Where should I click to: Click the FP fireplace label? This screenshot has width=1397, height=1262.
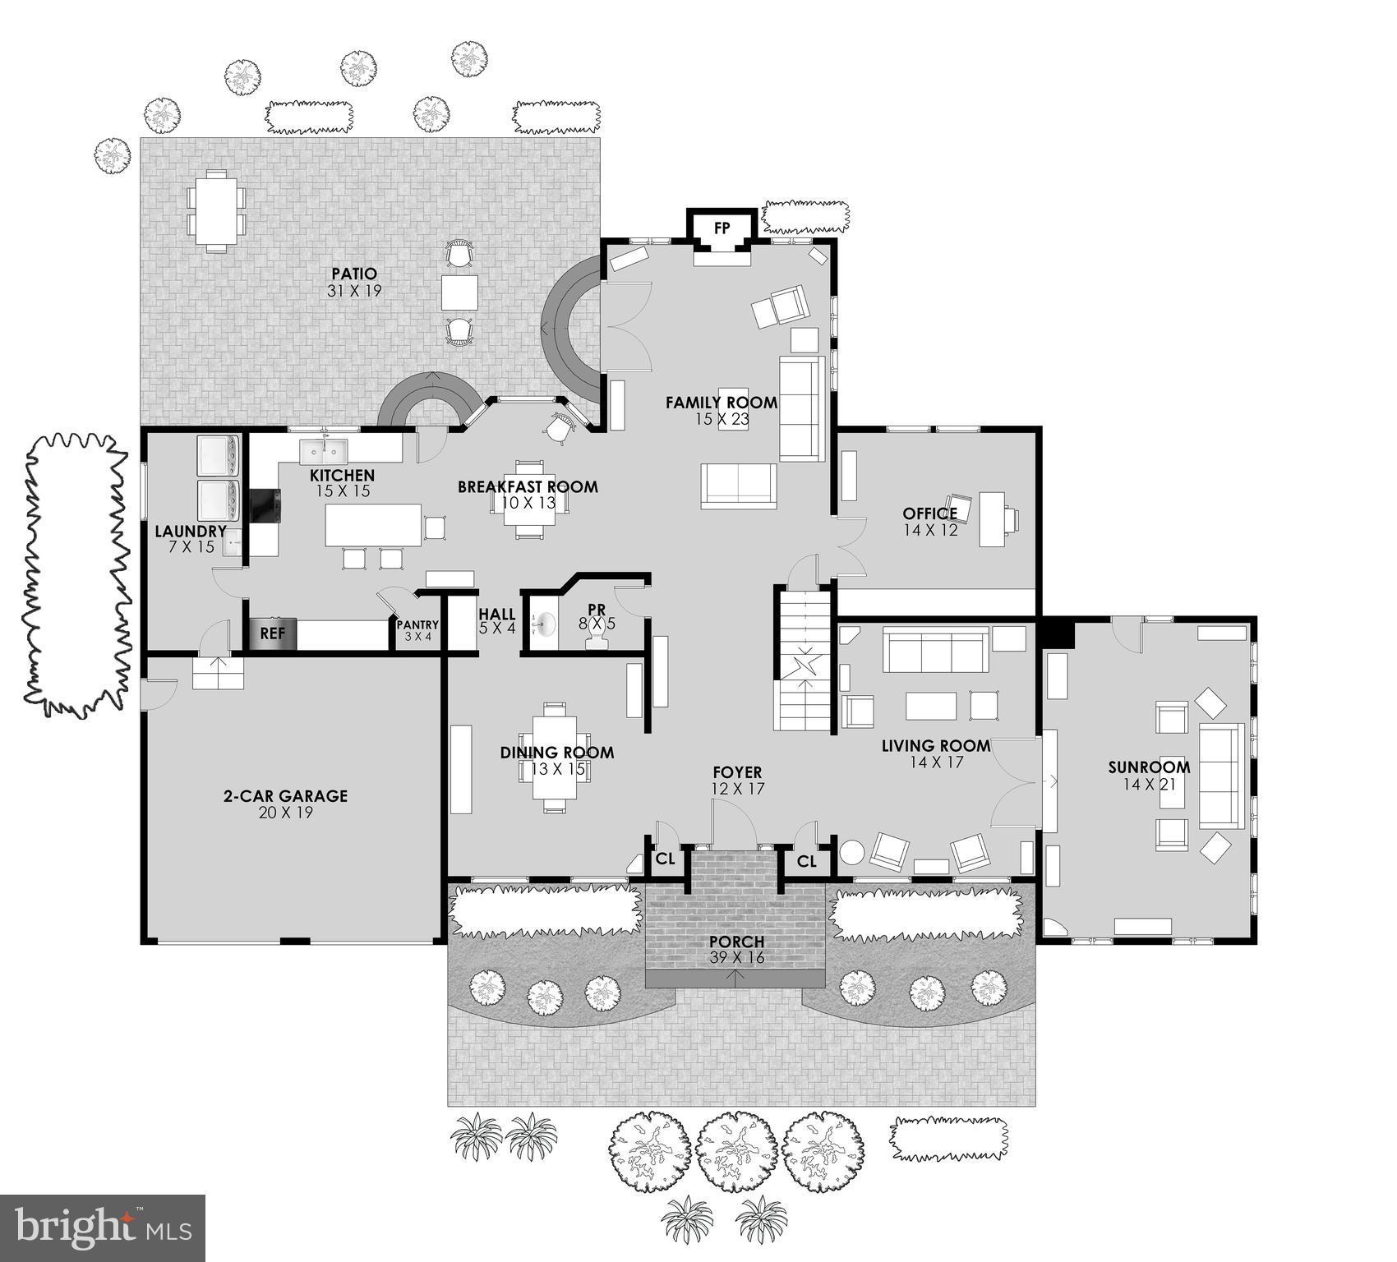point(722,228)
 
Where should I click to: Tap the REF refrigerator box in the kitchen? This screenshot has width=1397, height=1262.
point(272,633)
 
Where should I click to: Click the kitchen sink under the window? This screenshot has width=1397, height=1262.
point(324,451)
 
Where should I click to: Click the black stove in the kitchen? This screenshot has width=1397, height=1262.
point(265,505)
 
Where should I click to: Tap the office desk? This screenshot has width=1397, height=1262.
point(991,518)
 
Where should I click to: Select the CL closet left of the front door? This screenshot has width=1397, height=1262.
point(665,859)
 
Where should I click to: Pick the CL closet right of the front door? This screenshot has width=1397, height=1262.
point(806,861)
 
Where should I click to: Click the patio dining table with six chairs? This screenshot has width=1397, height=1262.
point(216,211)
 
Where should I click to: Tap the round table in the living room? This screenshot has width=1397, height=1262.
point(852,851)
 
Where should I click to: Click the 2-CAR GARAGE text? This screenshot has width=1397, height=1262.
point(285,795)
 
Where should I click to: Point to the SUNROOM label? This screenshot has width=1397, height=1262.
point(1148,767)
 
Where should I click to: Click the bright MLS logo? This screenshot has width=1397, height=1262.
point(102,1227)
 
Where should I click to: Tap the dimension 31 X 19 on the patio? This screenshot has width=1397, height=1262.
point(354,291)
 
